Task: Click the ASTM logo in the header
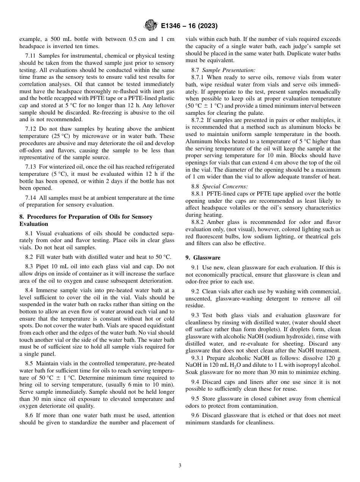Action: (x=151, y=26)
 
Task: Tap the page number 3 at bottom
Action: (x=180, y=466)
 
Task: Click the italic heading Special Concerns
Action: (x=225, y=186)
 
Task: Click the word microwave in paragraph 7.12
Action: (x=96, y=136)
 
